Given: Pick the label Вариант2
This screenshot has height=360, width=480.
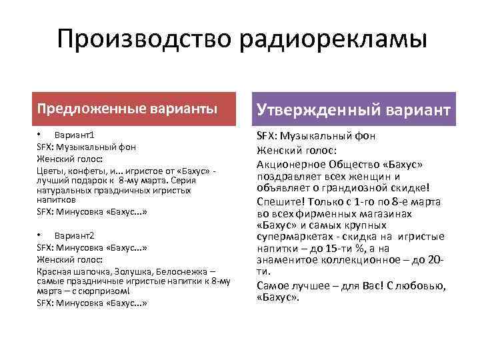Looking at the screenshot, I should tap(75, 237).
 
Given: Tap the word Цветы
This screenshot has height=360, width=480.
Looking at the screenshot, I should tap(49, 171).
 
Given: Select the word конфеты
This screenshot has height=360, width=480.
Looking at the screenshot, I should tap(83, 171).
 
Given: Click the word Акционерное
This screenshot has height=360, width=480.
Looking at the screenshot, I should tap(291, 164).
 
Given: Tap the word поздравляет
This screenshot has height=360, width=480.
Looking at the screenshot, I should tap(288, 177).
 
